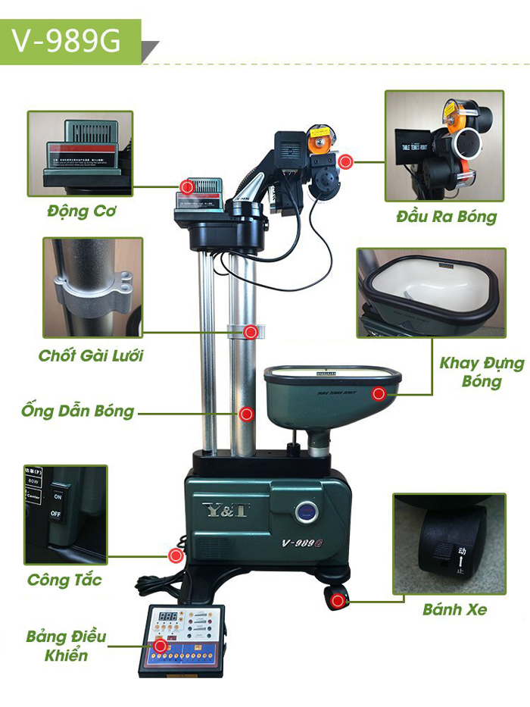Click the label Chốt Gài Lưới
(91, 355)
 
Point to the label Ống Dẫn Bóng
(78, 411)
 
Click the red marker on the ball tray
(379, 393)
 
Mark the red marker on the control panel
(160, 646)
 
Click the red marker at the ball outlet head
(345, 161)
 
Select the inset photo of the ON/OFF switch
(66, 515)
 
